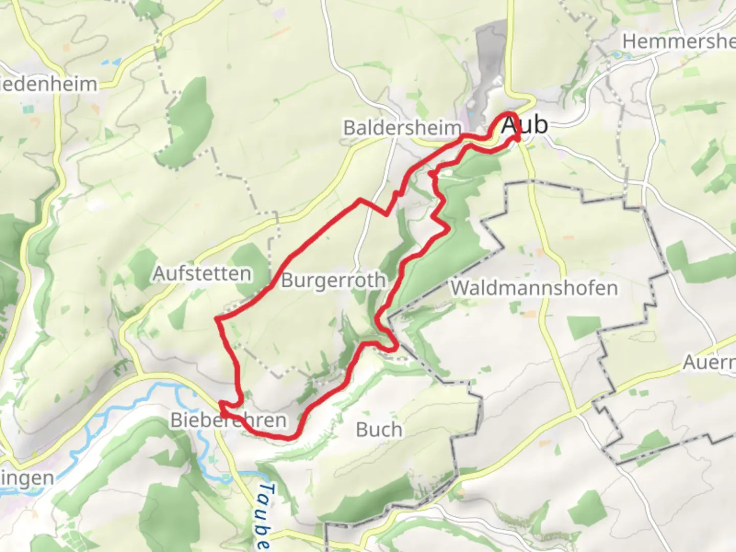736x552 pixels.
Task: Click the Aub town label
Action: point(524,125)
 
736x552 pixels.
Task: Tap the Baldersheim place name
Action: point(402,128)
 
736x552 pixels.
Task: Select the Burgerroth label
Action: point(333,280)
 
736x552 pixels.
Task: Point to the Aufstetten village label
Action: point(202,274)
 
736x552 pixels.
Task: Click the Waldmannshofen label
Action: point(534,288)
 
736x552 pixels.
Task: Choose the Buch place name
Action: point(379,430)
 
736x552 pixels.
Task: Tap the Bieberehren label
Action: point(228,421)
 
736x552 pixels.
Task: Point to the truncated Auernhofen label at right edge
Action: point(709,363)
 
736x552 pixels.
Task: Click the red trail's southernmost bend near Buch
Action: point(289,438)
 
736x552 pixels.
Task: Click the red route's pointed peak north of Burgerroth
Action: point(360,199)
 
